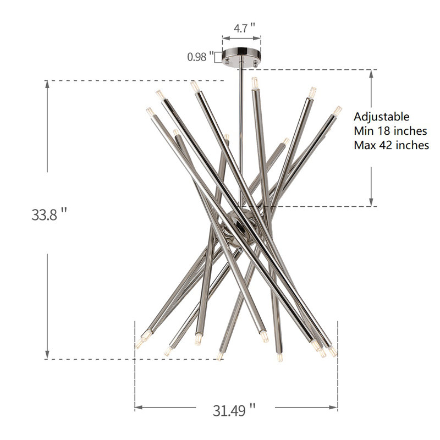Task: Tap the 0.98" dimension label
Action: point(200,57)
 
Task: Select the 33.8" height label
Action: point(49,215)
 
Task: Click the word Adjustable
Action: point(381,117)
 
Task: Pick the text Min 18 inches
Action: point(391,131)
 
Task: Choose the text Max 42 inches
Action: point(391,145)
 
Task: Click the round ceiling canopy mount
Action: point(241,56)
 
